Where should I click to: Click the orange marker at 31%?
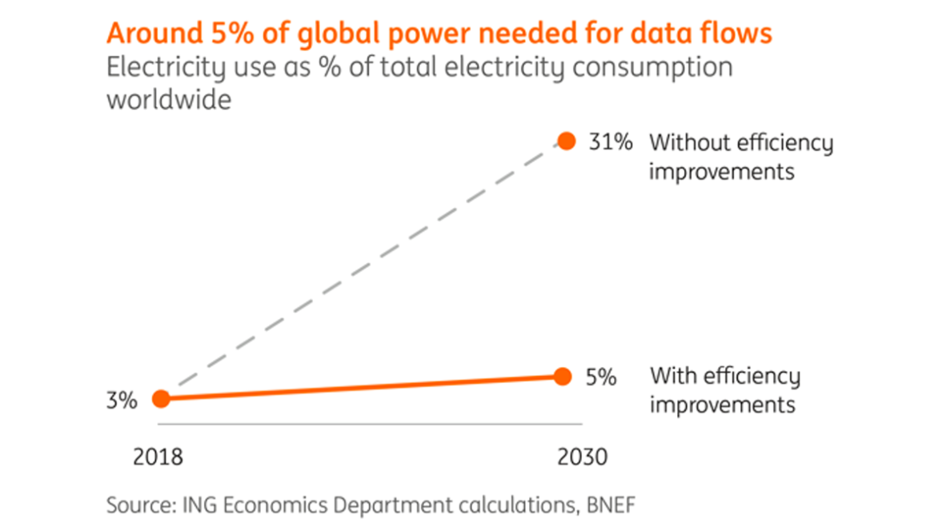[x=567, y=142]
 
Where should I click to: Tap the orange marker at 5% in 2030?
[x=563, y=377]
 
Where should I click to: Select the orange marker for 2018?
[x=161, y=398]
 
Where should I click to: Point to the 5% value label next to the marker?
[x=600, y=377]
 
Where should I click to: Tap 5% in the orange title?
[x=226, y=34]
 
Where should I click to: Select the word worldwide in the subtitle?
[x=169, y=102]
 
